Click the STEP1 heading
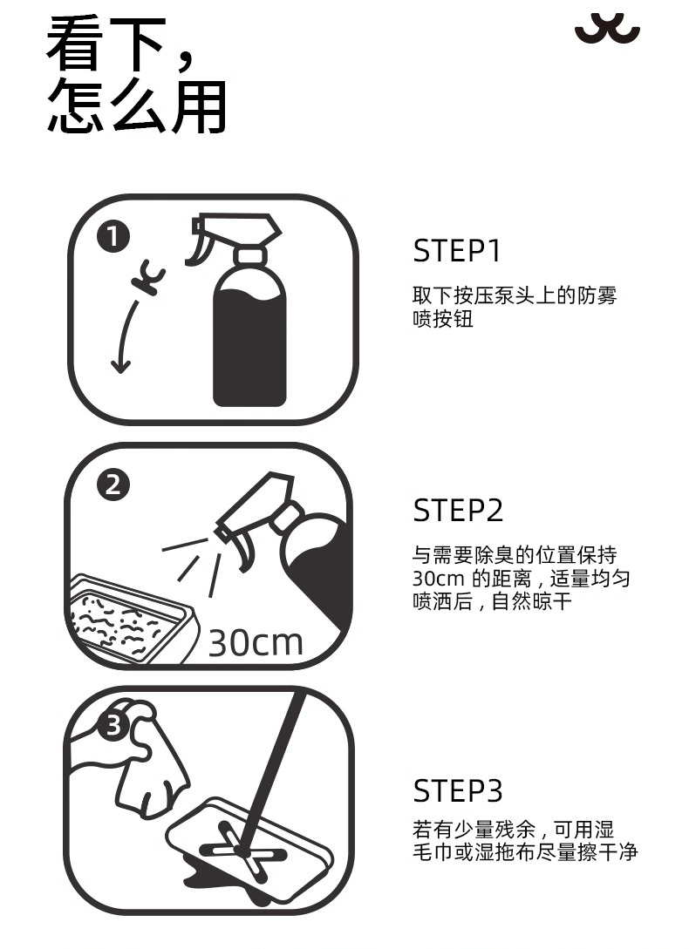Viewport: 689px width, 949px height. [458, 251]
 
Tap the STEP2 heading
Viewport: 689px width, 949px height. [458, 510]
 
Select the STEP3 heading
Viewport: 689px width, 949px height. [458, 791]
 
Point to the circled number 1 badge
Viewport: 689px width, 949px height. [113, 237]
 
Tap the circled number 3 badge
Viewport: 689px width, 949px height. [114, 724]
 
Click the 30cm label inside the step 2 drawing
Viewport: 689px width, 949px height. [256, 643]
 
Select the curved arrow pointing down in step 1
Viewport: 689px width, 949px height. [124, 336]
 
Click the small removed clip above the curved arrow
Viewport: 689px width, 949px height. [148, 277]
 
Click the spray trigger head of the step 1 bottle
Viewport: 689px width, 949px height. [234, 236]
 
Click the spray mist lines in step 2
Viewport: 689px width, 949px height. [192, 564]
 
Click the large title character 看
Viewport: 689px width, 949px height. [76, 45]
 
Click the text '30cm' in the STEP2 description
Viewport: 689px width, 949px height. [438, 579]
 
